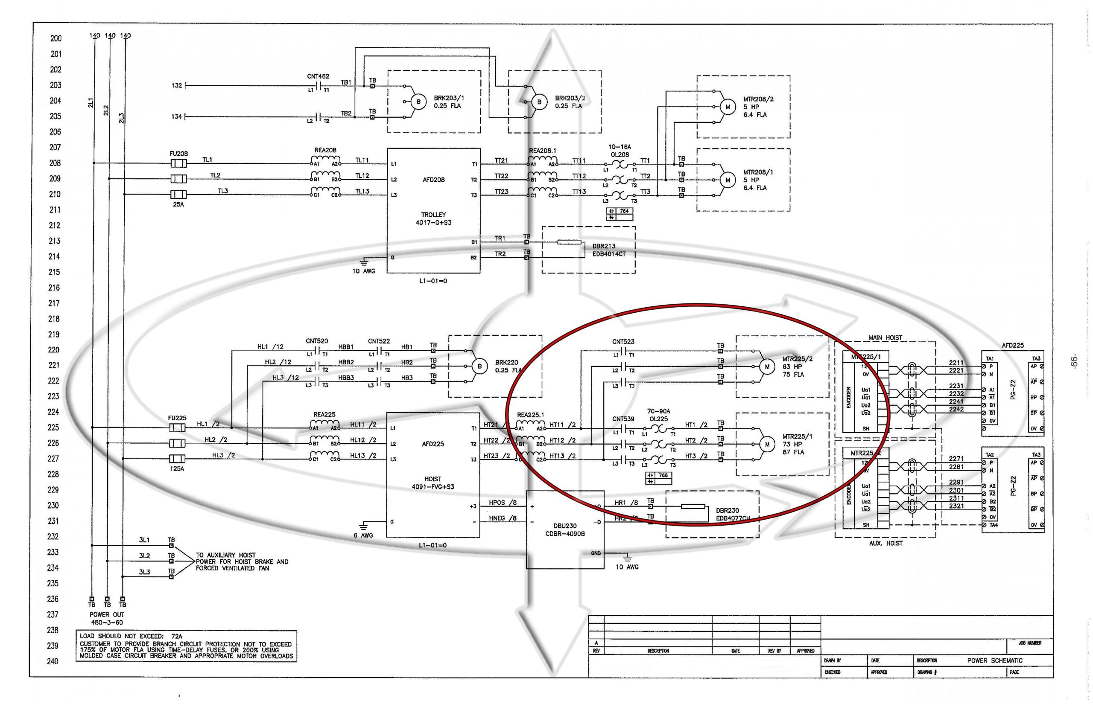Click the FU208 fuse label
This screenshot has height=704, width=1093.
click(178, 154)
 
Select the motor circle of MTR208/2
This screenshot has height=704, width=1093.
click(728, 107)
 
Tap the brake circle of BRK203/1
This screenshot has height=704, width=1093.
click(418, 102)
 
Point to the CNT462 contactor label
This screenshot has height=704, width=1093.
click(318, 76)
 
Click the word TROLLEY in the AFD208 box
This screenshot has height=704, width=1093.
click(433, 214)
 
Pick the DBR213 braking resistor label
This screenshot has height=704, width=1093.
click(604, 246)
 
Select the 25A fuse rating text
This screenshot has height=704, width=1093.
click(178, 204)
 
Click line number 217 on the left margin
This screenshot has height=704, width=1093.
click(54, 303)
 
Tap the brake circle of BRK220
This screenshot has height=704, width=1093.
click(479, 366)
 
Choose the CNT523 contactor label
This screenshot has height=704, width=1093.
click(623, 341)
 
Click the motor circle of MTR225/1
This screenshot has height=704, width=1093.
click(767, 444)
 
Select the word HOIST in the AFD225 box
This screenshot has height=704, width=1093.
click(433, 479)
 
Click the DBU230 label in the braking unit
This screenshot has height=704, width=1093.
click(565, 526)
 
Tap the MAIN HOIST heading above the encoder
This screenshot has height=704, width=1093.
click(886, 337)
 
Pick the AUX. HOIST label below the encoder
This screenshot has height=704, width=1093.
click(886, 543)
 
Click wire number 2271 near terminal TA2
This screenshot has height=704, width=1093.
click(956, 459)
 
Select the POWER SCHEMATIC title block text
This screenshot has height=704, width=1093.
click(995, 660)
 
